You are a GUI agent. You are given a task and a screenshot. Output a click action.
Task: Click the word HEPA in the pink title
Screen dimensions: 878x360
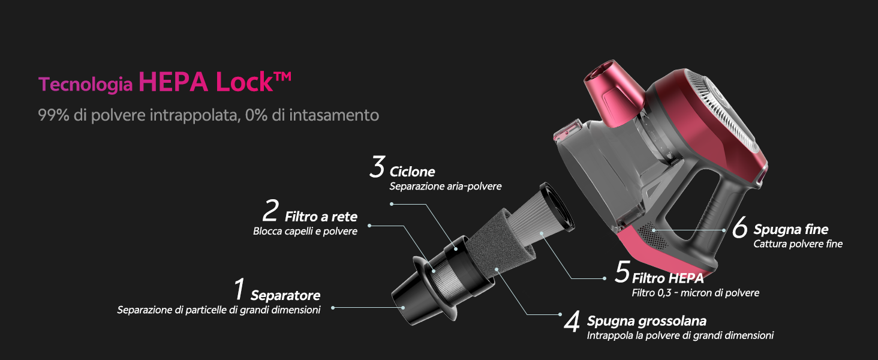pos(173,82)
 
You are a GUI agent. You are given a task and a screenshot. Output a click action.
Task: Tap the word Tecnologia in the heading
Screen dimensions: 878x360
pos(85,85)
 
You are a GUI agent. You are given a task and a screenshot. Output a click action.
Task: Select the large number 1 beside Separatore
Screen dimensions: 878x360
pos(239,289)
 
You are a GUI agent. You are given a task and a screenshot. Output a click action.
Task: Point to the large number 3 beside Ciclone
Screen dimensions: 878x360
pos(377,167)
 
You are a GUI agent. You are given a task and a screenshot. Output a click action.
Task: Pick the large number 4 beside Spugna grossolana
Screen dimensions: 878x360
pos(572,322)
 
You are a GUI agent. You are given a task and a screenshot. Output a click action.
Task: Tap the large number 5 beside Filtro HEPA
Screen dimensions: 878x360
pos(623,271)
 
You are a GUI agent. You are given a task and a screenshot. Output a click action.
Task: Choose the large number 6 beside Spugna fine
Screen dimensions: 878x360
pos(739,227)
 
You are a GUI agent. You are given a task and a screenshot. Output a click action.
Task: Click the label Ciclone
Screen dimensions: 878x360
pos(412,172)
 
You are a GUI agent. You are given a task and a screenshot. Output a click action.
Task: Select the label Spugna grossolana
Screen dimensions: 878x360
pos(647,321)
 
